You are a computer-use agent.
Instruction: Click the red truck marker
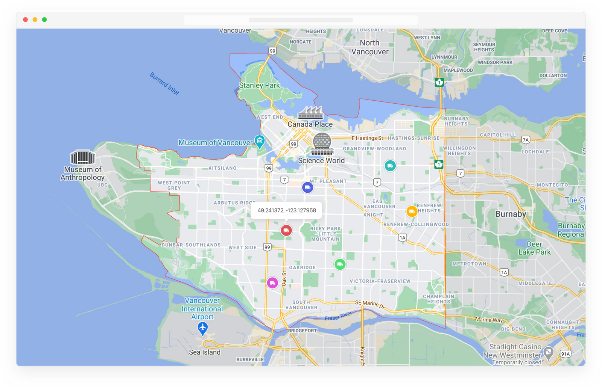tap(286, 230)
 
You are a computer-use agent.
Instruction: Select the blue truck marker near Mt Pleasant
tap(308, 187)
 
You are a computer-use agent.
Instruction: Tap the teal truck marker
tap(390, 166)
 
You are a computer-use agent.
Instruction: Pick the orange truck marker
tap(412, 211)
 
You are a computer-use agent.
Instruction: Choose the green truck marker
tap(340, 264)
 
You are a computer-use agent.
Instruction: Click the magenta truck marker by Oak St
tap(272, 283)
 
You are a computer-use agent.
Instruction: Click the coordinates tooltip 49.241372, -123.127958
tap(287, 210)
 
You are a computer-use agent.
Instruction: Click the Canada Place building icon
tap(310, 113)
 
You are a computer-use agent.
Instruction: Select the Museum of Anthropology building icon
tap(82, 157)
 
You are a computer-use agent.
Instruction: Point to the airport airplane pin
tap(202, 329)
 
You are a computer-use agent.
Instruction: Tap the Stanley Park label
tap(259, 85)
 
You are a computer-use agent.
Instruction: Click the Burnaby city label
tap(511, 214)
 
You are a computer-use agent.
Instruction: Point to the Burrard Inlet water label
tap(164, 83)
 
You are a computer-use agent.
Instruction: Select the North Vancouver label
tap(370, 47)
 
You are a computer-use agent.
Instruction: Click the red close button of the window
tap(26, 20)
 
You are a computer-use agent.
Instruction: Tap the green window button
tap(44, 20)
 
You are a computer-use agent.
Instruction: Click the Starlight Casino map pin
tap(549, 352)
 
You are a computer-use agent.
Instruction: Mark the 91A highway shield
tap(566, 354)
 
